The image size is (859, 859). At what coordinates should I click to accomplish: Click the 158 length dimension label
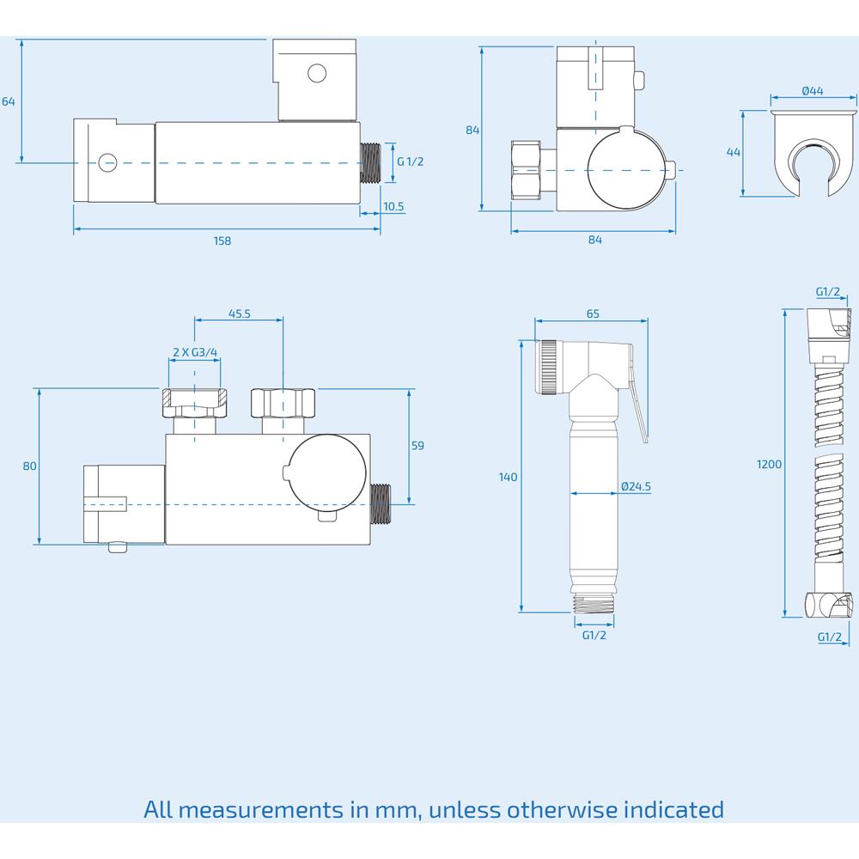pos(222,241)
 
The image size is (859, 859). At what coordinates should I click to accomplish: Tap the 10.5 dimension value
pos(393,206)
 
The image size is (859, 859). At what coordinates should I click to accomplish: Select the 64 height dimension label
pos(9,101)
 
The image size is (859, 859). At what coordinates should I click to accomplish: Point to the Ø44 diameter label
pos(813,91)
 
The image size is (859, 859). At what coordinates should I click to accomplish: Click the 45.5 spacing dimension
pos(240,314)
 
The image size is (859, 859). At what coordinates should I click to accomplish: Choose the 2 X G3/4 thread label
pos(195,352)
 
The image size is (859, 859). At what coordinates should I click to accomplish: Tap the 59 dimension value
pos(417,445)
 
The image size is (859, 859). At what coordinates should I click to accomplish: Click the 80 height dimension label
pos(29,466)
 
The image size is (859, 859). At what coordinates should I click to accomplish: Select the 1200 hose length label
pos(769,464)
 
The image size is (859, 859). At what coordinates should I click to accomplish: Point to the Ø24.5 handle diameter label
pos(636,486)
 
